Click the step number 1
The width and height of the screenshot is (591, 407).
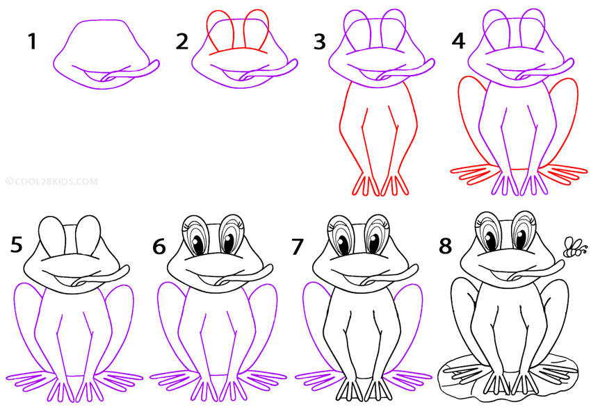(32, 42)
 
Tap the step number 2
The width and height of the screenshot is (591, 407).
(182, 42)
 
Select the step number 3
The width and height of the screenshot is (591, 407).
(319, 42)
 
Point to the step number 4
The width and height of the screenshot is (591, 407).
(458, 42)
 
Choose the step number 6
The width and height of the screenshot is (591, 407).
(161, 246)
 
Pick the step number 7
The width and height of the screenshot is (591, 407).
(299, 246)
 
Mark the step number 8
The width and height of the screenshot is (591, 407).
(446, 246)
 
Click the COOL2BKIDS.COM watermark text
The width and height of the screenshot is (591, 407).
(51, 182)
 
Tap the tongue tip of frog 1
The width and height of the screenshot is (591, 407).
(154, 65)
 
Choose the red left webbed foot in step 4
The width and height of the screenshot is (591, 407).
(473, 170)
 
